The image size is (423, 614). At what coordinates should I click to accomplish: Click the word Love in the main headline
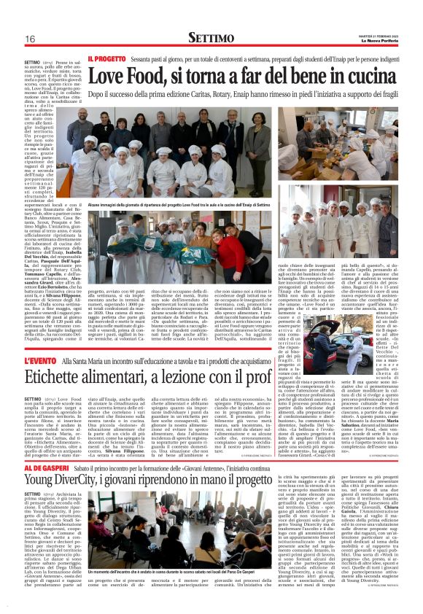click(x=111, y=74)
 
